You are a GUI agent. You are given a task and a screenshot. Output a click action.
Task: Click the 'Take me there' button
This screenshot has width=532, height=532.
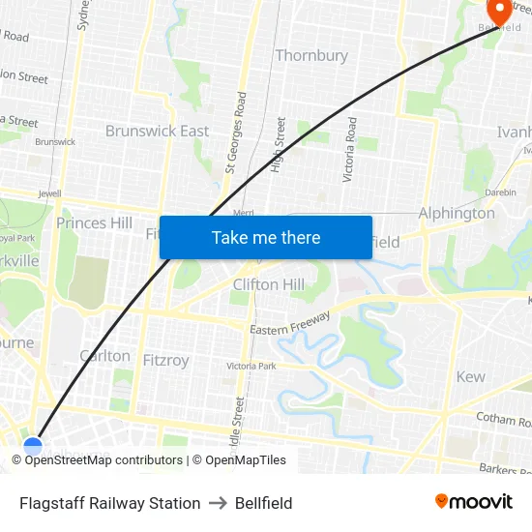[266, 237]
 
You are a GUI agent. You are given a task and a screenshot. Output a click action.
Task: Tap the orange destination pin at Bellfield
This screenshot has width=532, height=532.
[500, 12]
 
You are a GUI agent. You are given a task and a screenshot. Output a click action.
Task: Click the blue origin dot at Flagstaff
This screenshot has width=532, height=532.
[33, 446]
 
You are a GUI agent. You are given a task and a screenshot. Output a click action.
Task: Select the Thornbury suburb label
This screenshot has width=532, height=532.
[311, 55]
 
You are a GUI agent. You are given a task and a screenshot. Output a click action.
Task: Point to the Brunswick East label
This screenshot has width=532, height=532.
[157, 131]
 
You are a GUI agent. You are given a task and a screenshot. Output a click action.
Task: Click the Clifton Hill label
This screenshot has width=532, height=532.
[269, 284]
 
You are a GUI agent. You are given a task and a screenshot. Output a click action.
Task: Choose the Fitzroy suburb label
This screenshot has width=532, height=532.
[166, 360]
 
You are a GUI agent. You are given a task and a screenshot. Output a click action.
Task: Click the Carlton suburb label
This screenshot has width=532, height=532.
[105, 356]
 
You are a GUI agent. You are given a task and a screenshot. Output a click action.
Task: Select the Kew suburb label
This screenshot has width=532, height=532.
[471, 376]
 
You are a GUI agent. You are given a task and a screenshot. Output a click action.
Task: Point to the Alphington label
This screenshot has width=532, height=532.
[457, 213]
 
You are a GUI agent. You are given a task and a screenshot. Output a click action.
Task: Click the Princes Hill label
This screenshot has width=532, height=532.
[94, 223]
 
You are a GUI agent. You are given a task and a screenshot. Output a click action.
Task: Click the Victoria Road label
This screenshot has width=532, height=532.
[351, 150]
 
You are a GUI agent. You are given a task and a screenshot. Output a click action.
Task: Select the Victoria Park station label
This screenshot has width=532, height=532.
[251, 367]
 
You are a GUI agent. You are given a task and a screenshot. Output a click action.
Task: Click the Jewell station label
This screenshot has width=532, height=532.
[49, 193]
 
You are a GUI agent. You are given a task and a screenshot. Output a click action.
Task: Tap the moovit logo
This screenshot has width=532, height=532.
[474, 502]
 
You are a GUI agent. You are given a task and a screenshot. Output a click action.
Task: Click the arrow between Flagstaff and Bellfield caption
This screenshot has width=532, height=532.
[218, 503]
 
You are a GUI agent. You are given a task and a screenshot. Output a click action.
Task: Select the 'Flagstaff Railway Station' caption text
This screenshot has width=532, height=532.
[110, 503]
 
